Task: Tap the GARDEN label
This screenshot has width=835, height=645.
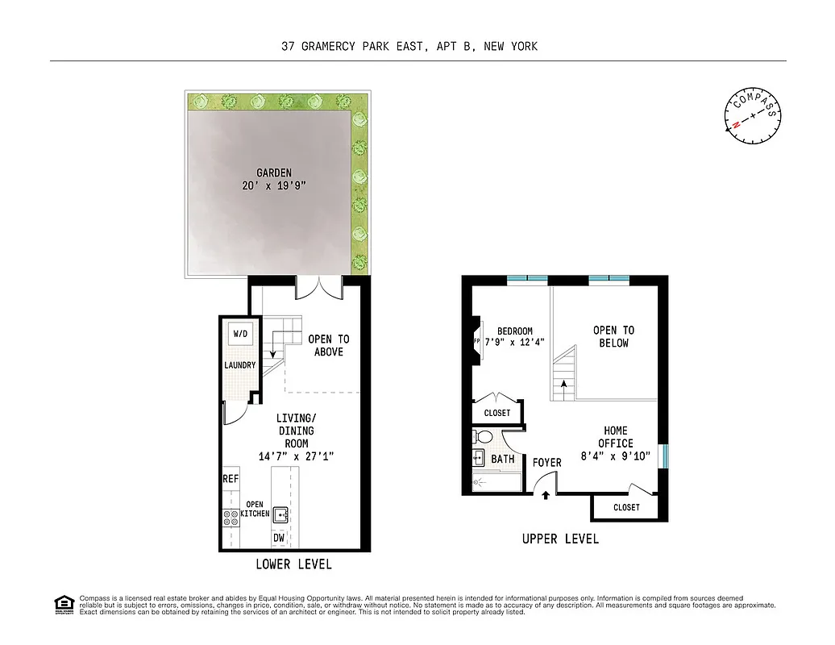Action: point(274,173)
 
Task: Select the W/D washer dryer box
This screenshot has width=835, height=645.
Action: point(240,334)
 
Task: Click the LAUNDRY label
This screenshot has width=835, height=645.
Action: point(240,365)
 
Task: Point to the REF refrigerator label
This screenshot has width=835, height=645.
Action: point(231,479)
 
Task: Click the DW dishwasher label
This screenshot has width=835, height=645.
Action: point(279,538)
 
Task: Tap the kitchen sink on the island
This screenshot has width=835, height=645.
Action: point(281,514)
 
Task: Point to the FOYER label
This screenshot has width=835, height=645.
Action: point(547,463)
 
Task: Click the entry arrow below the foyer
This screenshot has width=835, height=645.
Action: point(546,495)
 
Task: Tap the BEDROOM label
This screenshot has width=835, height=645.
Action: point(514,331)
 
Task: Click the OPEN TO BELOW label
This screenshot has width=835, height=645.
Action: point(613,336)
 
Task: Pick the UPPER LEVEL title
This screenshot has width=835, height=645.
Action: point(560,539)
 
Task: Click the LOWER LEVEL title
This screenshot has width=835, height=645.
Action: point(293,564)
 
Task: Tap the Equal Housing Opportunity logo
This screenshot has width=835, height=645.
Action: point(63,604)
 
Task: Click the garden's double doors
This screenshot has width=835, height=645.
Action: point(319,286)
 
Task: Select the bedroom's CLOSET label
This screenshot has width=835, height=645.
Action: point(497,413)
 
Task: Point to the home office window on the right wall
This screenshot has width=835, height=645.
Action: point(663,456)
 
